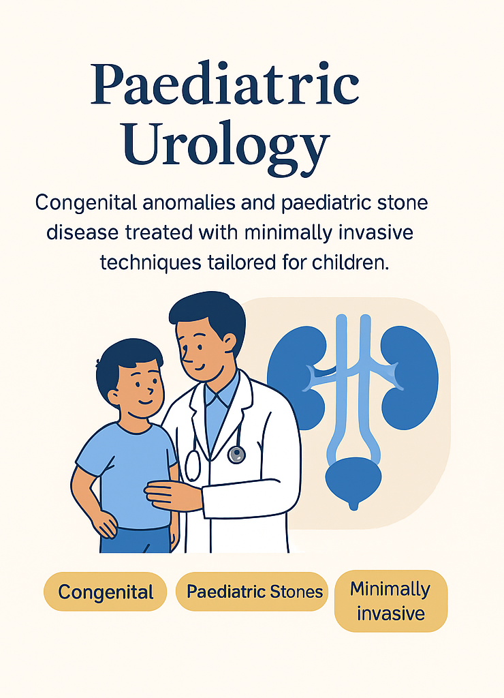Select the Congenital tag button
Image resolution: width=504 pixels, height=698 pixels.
(x=106, y=592)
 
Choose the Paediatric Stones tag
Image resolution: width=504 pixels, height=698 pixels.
(x=255, y=591)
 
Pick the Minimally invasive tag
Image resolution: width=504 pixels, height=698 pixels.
(x=390, y=601)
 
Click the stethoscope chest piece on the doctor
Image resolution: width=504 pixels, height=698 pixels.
(x=236, y=454)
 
